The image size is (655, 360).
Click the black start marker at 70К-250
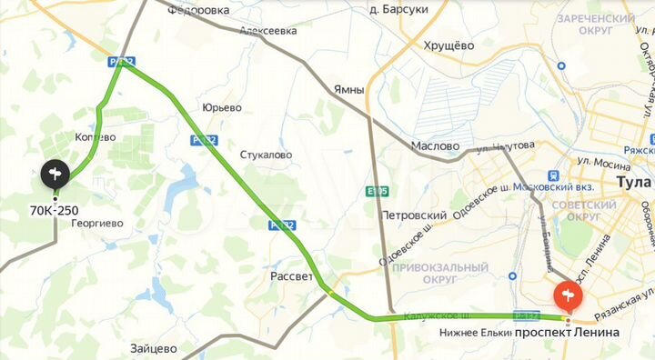pyautogui.click(x=55, y=173)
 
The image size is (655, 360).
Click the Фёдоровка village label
pyautogui.click(x=199, y=10)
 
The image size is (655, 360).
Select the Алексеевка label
pyautogui.click(x=268, y=30)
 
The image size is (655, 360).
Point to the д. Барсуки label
pyautogui.click(x=399, y=10)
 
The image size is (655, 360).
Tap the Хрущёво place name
pyautogui.click(x=449, y=45)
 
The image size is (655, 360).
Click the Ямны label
pyautogui.click(x=348, y=89)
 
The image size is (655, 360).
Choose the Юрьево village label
pyautogui.click(x=222, y=107)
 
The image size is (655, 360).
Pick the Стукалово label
pyautogui.click(x=266, y=155)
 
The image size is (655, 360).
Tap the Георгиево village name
pyautogui.click(x=97, y=223)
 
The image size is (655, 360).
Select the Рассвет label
pyautogui.click(x=292, y=275)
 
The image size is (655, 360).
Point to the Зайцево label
pyautogui.click(x=153, y=347)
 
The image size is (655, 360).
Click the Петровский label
pyautogui.click(x=414, y=215)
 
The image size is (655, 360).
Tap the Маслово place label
pyautogui.click(x=435, y=145)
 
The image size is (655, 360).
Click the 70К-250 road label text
pyautogui.click(x=54, y=210)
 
